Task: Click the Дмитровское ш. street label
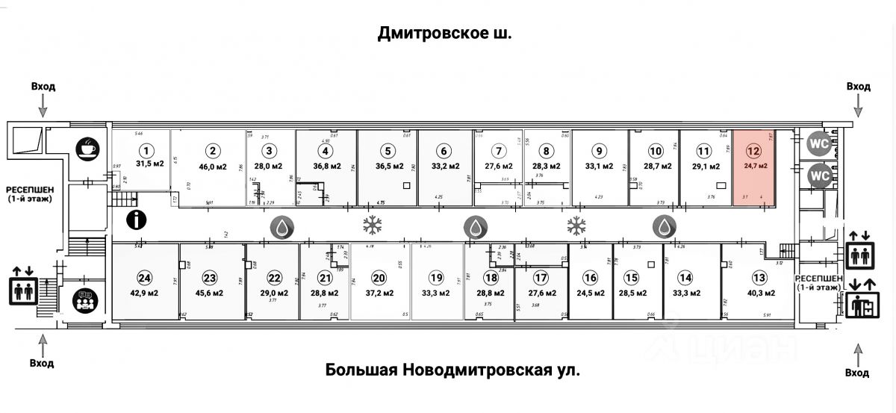coord(445,33)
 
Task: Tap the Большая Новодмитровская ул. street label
coord(452,370)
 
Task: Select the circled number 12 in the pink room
coord(755,150)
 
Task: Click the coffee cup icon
coord(87,147)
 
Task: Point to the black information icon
coord(137,220)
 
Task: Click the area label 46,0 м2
coord(212,167)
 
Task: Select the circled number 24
coord(144,278)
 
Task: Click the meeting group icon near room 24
coord(86,301)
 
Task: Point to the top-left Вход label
coord(43,87)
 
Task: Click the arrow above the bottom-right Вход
coord(859,352)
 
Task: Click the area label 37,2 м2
coord(379,293)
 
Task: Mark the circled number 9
coord(597,150)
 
